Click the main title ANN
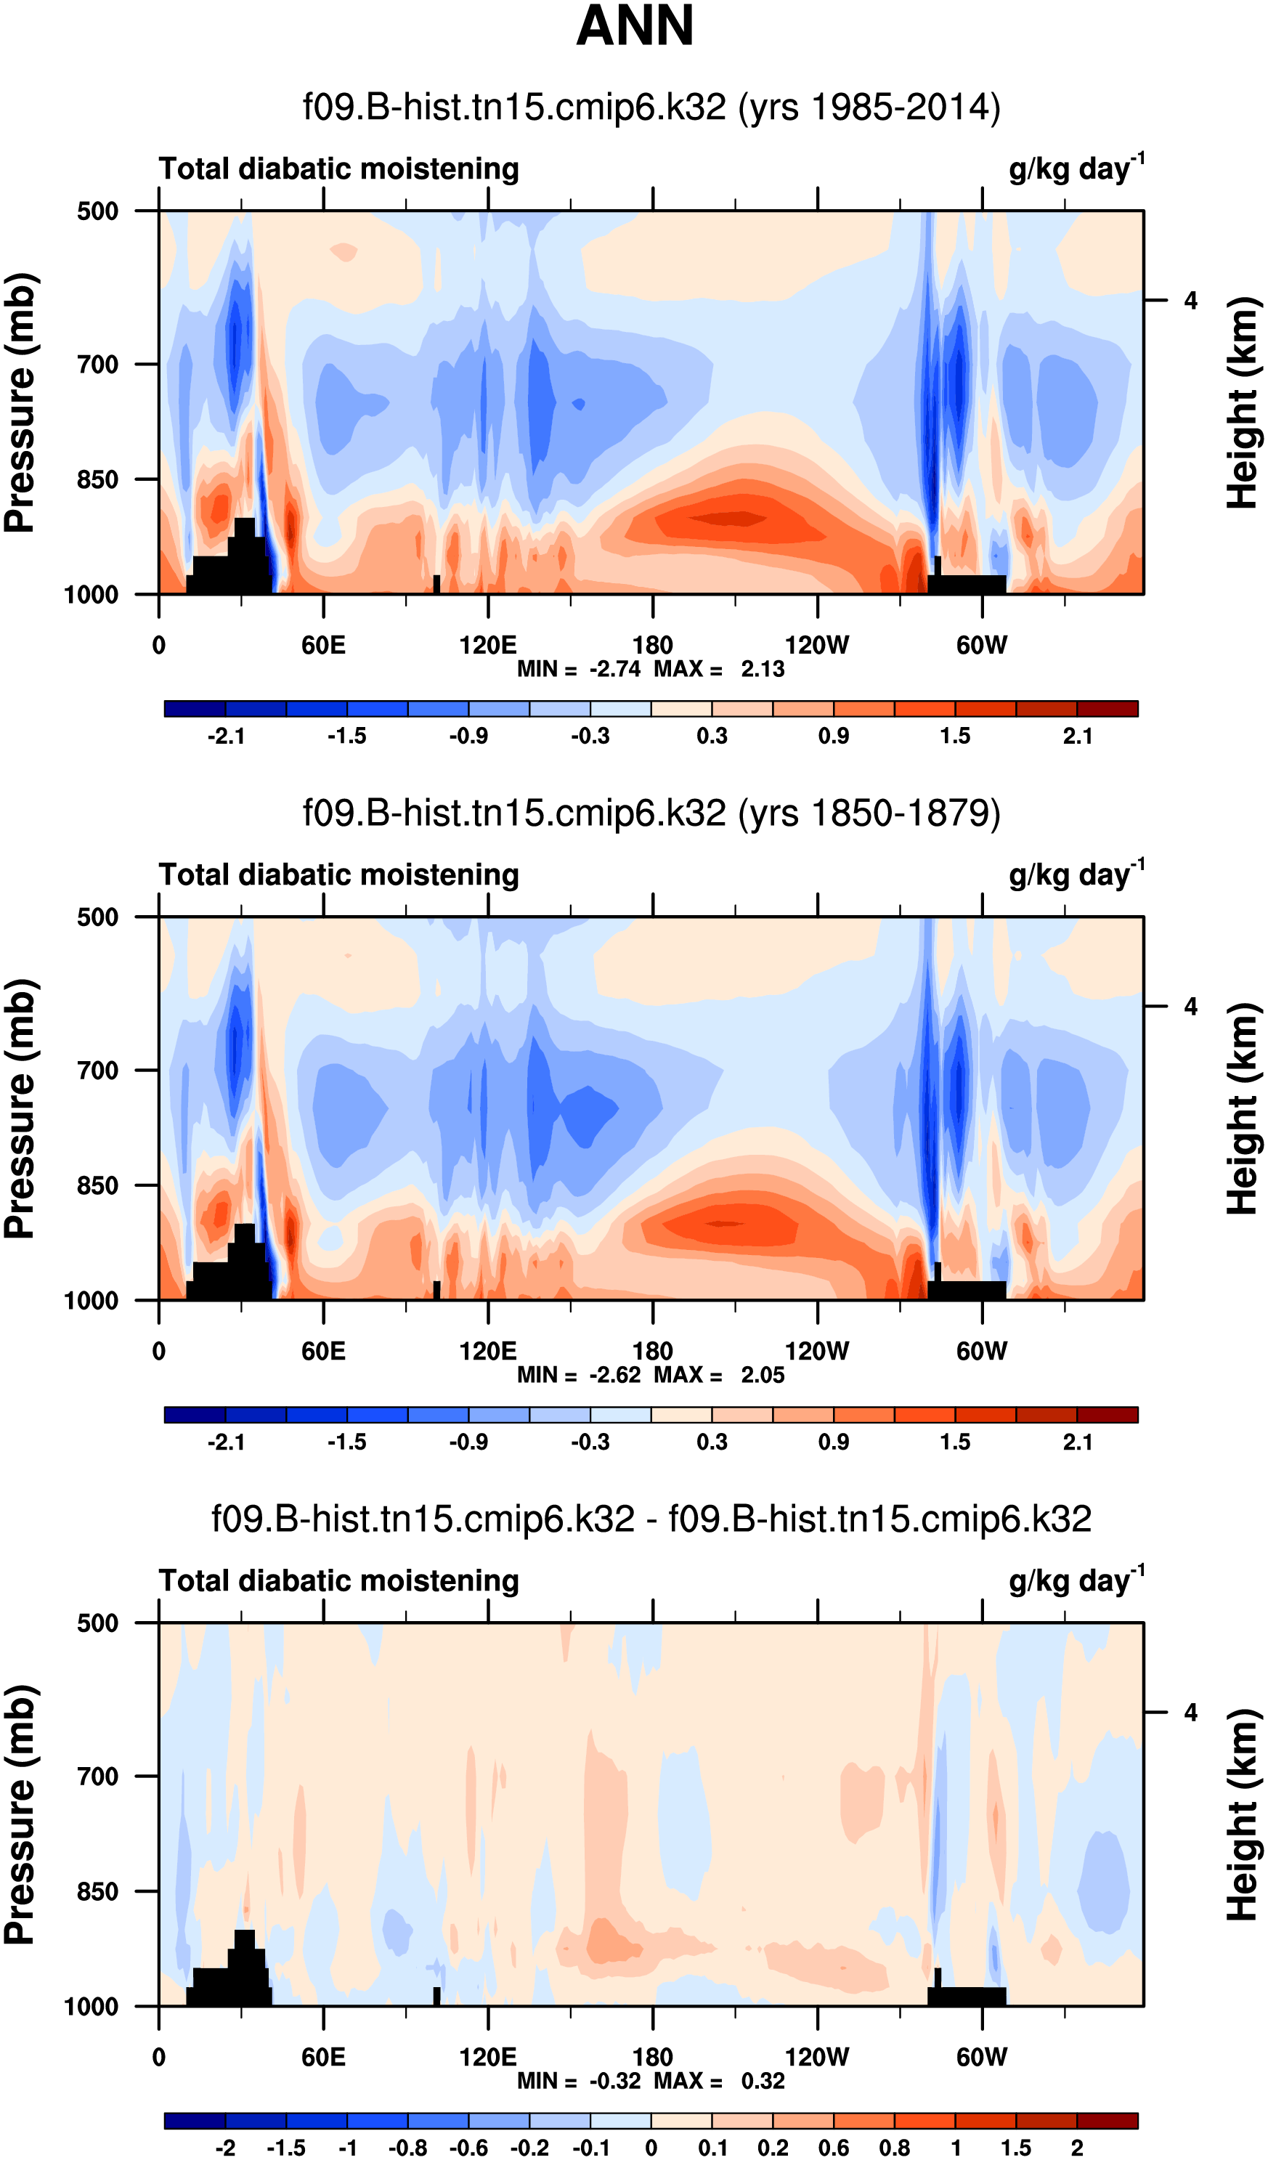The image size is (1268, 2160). [x=635, y=25]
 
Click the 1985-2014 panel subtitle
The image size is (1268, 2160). [x=651, y=108]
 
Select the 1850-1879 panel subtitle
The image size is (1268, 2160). [x=651, y=813]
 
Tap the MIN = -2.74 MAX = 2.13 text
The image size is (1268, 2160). [x=651, y=670]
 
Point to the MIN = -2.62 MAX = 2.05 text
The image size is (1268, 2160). [x=651, y=1375]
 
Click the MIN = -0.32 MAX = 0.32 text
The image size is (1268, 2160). [x=651, y=2081]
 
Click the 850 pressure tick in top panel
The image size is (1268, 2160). [x=98, y=480]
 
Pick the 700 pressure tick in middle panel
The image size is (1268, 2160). [x=98, y=1071]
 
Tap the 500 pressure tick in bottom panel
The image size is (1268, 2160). [x=98, y=1623]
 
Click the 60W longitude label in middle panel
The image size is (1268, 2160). [x=982, y=1352]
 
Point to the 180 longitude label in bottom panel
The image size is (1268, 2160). [x=652, y=2057]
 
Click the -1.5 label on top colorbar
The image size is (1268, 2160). [x=347, y=736]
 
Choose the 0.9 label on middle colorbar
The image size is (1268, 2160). [x=833, y=1442]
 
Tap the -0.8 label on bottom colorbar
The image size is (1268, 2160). [x=408, y=2148]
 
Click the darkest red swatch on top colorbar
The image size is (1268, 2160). [x=1107, y=709]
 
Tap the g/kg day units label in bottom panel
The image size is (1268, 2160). [x=1076, y=1580]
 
